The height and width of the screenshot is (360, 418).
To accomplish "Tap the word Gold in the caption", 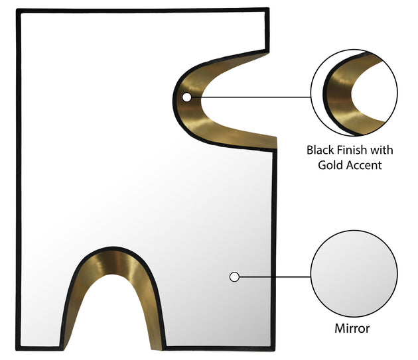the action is point(329,165).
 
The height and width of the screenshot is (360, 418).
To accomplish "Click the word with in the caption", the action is point(382,150).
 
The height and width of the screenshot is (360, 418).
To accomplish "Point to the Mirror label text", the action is point(352,328).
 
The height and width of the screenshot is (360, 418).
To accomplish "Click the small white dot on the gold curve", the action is point(187,97).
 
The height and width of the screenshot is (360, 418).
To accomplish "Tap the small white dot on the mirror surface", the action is point(234,277).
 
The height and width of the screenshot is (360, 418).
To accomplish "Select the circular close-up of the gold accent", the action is point(354,92).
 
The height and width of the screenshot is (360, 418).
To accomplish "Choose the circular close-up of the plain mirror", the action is point(354,274).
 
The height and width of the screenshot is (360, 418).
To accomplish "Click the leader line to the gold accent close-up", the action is point(251,97).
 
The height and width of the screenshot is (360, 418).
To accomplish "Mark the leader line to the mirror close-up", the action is point(275,277).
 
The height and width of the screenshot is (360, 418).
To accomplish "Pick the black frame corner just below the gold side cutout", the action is point(275,150).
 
